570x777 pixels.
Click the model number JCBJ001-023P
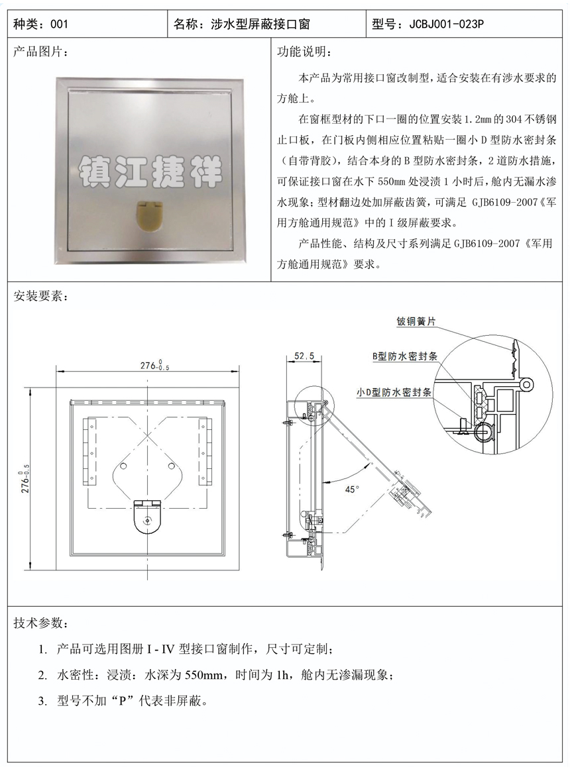click(x=447, y=23)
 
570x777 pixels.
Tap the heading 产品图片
click(x=37, y=52)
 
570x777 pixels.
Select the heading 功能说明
click(x=302, y=52)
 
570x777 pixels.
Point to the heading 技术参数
click(x=37, y=623)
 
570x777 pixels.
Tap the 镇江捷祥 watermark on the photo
click(x=150, y=172)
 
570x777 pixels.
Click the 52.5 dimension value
click(x=304, y=356)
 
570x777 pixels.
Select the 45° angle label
click(x=351, y=489)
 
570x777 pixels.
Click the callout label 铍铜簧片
click(x=416, y=321)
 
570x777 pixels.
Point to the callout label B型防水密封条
click(x=405, y=356)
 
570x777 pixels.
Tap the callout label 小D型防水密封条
click(x=394, y=392)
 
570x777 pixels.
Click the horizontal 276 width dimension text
click(x=154, y=366)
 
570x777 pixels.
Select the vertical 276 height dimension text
click(x=26, y=478)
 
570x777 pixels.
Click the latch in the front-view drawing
click(x=148, y=517)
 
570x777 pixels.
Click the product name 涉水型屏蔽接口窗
click(x=260, y=23)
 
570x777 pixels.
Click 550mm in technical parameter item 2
click(x=203, y=675)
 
